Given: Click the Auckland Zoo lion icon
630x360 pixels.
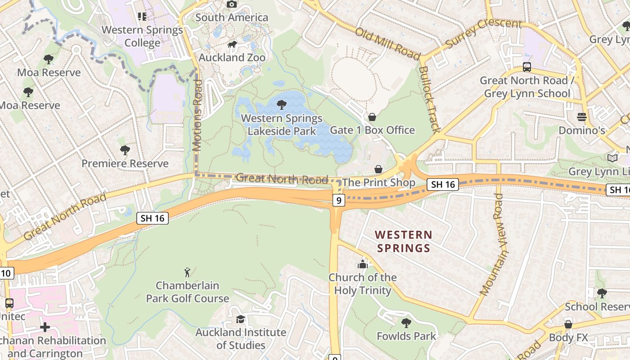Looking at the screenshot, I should click(x=232, y=44).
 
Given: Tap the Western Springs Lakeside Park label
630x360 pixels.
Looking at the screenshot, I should click(x=282, y=125).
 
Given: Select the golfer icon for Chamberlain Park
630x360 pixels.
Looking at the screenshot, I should click(x=187, y=272).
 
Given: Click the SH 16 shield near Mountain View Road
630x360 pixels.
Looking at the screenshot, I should click(x=442, y=184).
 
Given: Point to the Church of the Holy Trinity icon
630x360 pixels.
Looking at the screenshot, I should click(x=363, y=264).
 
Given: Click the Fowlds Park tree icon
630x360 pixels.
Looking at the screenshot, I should click(x=406, y=323).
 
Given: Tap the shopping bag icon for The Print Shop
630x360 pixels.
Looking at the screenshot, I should click(x=378, y=169).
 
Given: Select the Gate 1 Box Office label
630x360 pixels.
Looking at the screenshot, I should click(x=372, y=130).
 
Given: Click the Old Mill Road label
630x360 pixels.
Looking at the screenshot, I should click(x=387, y=44).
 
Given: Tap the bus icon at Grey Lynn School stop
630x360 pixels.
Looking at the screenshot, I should click(x=527, y=67).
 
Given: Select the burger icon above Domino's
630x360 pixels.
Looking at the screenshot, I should click(x=582, y=117).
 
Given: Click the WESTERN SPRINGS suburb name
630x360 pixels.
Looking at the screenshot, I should click(x=404, y=241).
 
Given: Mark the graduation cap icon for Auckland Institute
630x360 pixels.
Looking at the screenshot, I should click(x=241, y=319).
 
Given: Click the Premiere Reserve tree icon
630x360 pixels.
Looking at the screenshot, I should click(x=125, y=150).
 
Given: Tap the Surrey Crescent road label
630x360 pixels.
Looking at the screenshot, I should click(x=483, y=33).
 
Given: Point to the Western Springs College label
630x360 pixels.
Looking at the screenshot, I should click(x=142, y=36).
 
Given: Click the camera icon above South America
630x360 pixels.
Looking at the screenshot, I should click(x=232, y=4).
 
